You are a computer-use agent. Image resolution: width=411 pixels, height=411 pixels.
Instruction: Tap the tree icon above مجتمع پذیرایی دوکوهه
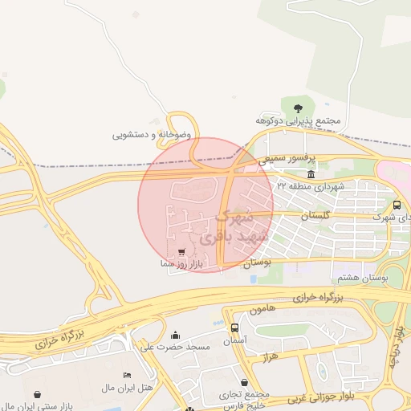[x=298, y=107]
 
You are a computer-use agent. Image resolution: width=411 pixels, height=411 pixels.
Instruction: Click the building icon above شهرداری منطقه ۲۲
[x=311, y=174]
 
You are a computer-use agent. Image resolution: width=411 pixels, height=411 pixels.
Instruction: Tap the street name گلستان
[x=315, y=217]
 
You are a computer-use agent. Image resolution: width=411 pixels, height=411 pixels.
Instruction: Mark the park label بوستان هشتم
[x=363, y=277]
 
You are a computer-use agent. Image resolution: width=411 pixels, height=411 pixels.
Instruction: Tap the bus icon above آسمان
[x=234, y=328]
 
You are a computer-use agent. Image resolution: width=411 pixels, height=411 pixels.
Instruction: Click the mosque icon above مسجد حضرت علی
[x=176, y=335]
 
